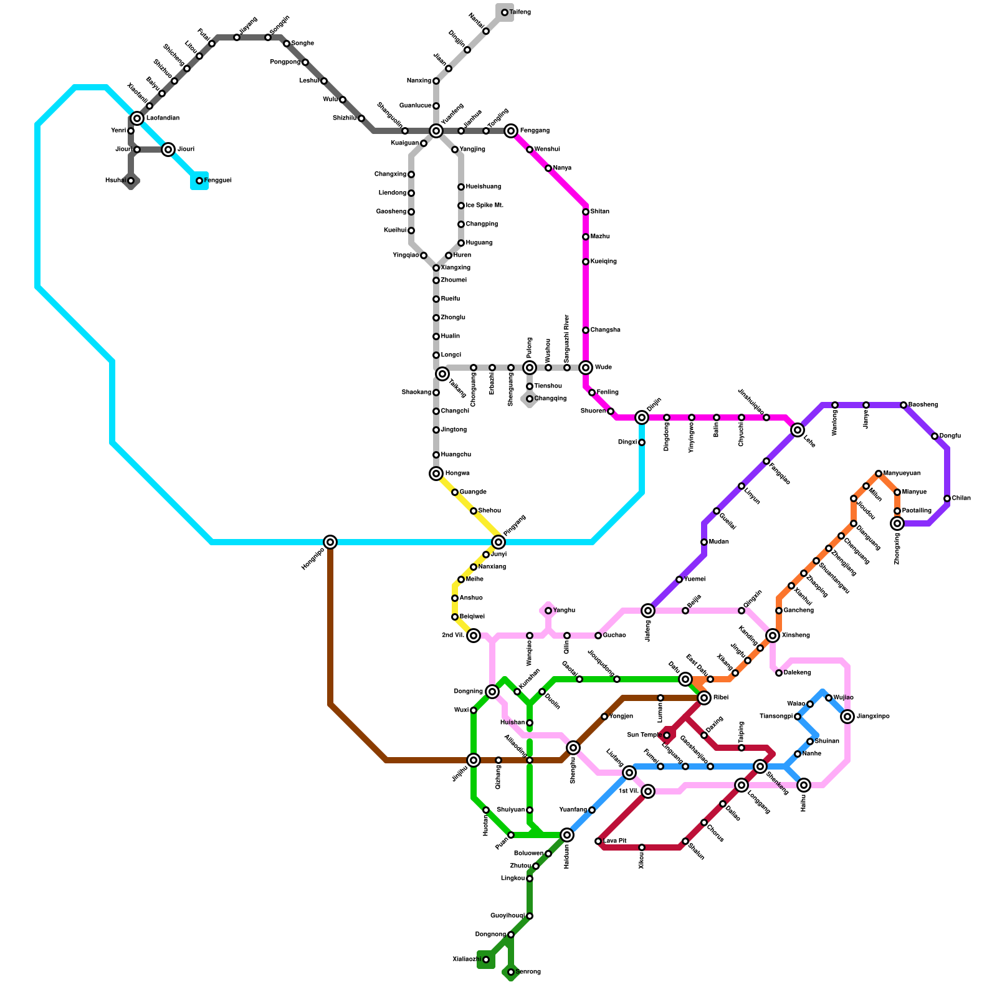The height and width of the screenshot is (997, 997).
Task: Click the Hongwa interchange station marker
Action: click(436, 474)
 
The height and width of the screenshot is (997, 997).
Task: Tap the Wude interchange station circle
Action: click(586, 368)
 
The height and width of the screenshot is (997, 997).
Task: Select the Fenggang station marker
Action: click(511, 131)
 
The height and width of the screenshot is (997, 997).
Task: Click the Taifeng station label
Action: click(520, 12)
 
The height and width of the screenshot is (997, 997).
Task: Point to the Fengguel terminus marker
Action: click(199, 181)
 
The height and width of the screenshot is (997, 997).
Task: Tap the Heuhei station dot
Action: click(131, 181)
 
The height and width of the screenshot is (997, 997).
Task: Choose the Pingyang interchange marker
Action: click(499, 542)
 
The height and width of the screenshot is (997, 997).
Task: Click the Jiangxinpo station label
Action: click(872, 717)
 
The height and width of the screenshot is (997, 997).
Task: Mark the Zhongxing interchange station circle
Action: click(897, 523)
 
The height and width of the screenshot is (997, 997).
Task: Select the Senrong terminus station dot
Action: click(511, 972)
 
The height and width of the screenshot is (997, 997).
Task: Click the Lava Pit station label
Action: click(614, 841)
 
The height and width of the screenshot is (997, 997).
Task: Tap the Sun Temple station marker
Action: click(667, 735)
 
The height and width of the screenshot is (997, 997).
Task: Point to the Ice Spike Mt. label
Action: click(484, 206)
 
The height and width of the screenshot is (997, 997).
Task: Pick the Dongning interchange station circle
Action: click(492, 692)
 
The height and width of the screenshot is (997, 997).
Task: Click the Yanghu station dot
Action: click(548, 611)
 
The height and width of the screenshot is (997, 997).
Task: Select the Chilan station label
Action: click(961, 499)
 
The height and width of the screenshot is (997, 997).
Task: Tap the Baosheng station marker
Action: click(904, 405)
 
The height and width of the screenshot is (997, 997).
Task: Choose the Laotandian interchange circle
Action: click(137, 118)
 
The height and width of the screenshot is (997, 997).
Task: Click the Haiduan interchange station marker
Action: click(567, 835)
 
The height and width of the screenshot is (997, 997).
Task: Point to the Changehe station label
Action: click(605, 330)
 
